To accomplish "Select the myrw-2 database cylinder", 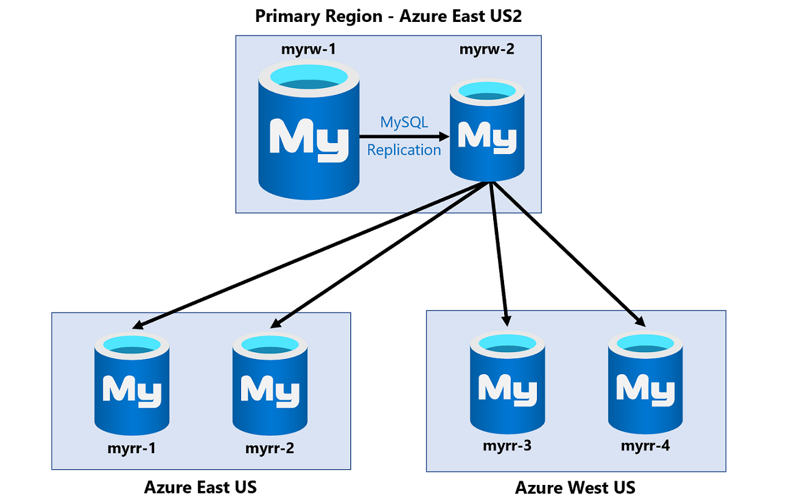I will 487,133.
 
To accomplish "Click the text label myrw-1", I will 308,49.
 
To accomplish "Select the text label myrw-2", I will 486,49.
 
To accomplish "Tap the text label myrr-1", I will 131,449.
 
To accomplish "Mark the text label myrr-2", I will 270,449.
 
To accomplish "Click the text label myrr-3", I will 507,445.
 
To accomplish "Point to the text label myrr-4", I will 645,445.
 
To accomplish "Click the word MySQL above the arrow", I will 404,122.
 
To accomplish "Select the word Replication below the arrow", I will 404,150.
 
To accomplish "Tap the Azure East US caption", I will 200,487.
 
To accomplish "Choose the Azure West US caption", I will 575,487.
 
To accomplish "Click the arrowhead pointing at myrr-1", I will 139,325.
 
